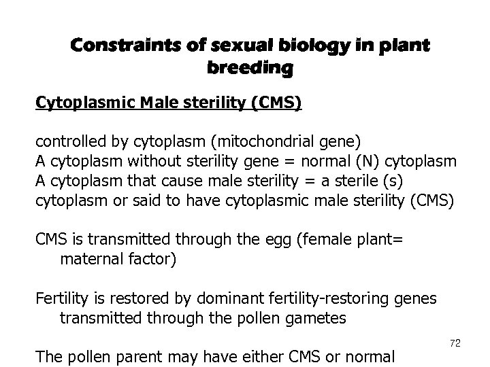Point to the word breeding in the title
click(249, 69)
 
